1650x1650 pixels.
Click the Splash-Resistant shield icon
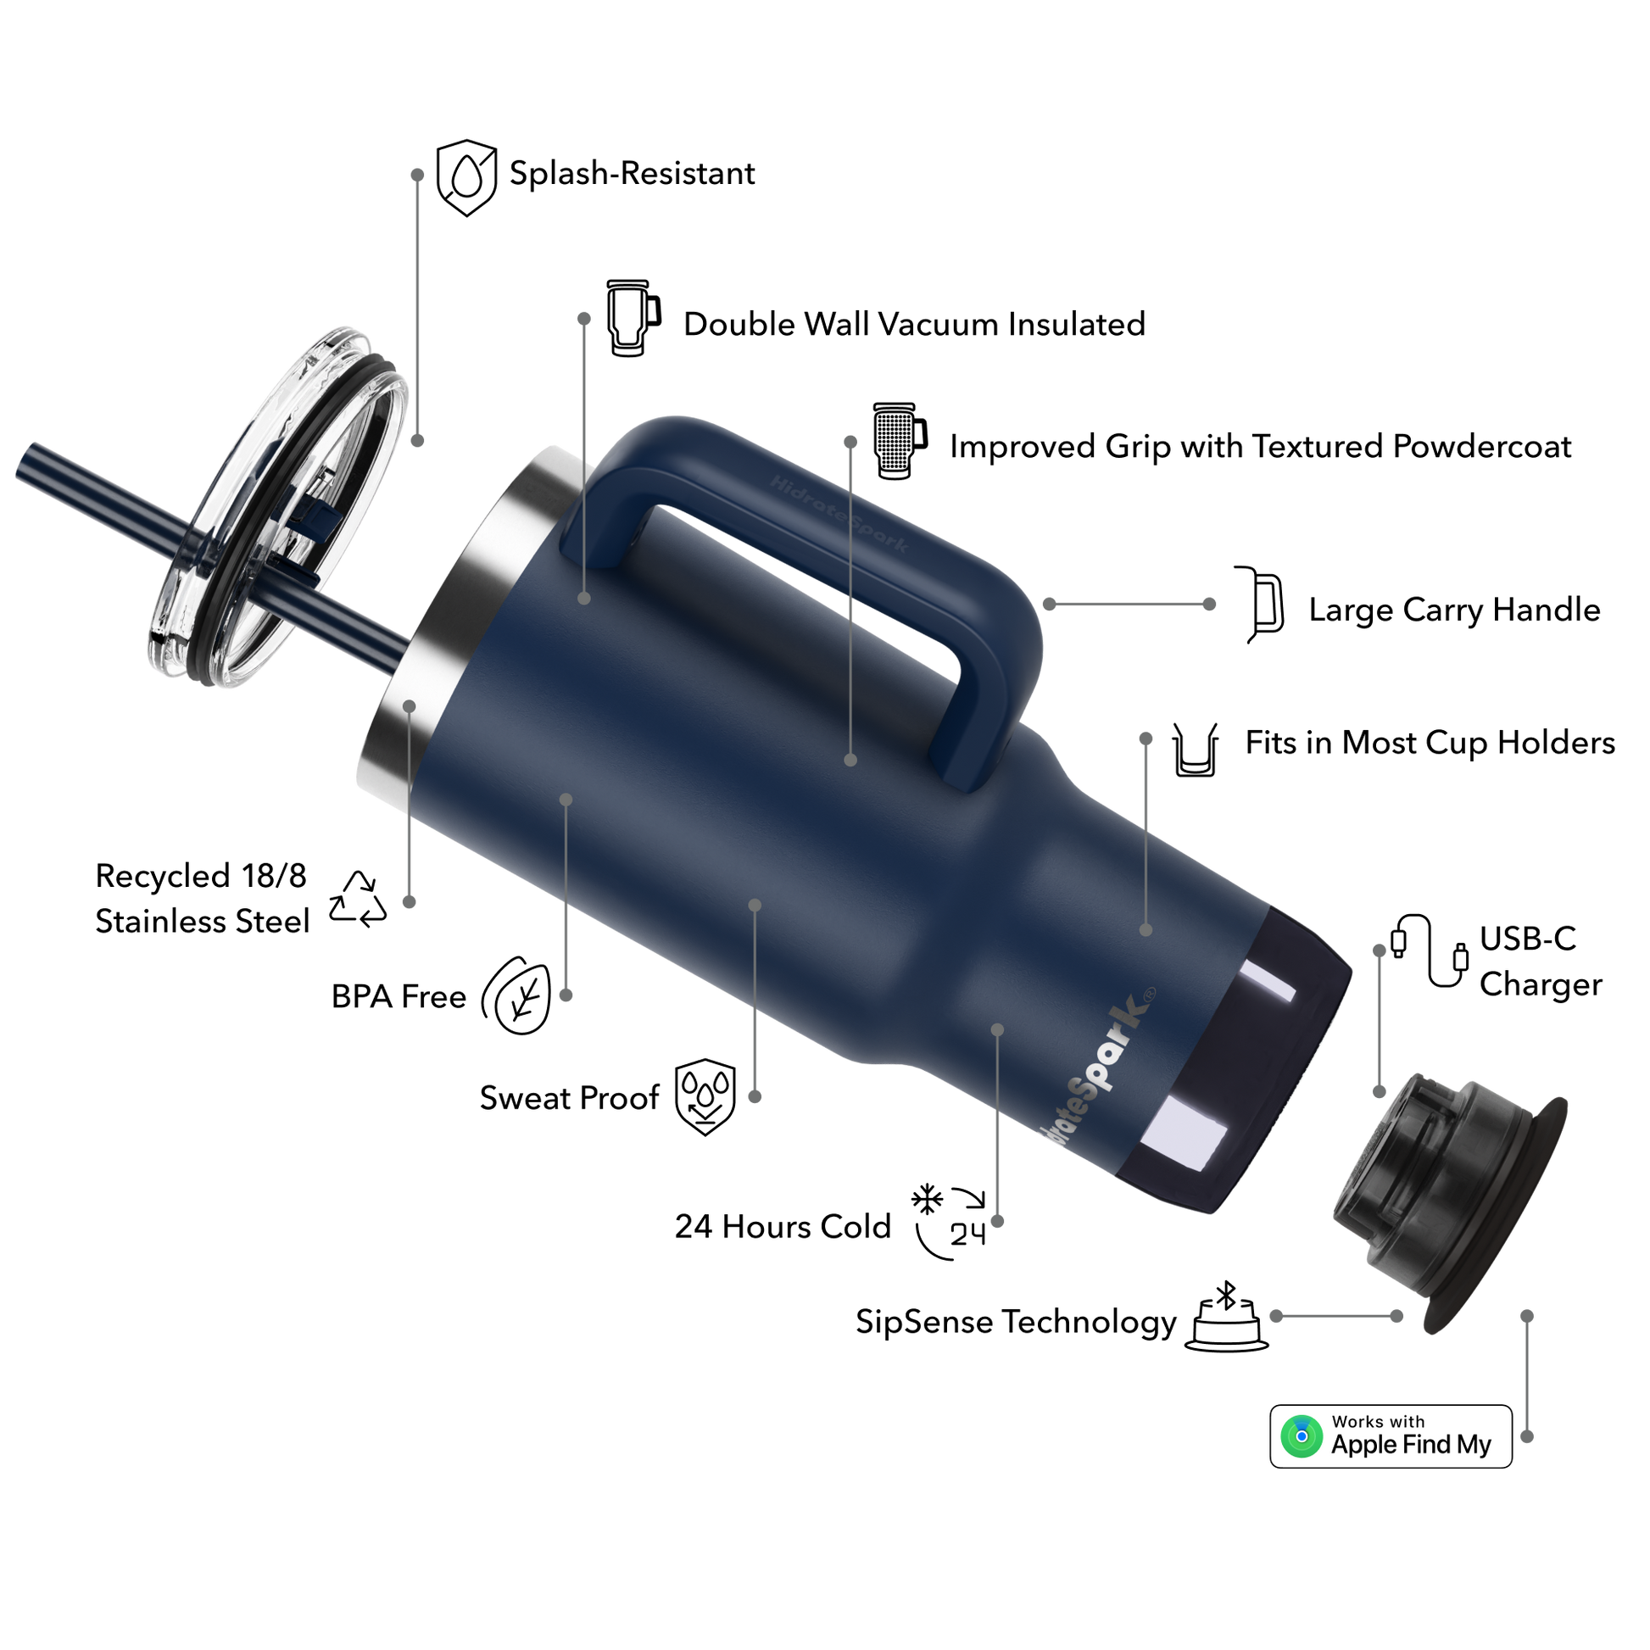(466, 178)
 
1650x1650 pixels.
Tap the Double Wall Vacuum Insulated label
(915, 325)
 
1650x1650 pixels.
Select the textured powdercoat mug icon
(900, 442)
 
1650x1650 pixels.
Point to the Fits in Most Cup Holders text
(1430, 743)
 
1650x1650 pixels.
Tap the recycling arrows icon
(358, 900)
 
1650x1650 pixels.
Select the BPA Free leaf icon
(516, 995)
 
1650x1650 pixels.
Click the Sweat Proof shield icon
(705, 1097)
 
